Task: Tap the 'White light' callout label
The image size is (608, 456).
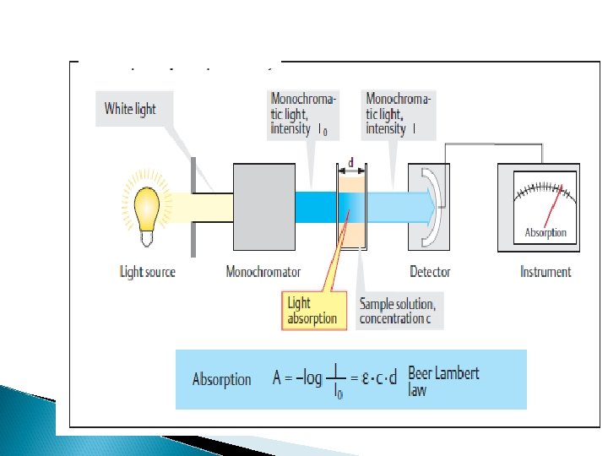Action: tap(130, 109)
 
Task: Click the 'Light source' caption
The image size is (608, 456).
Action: tap(147, 272)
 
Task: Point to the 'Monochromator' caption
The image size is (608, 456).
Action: tap(263, 272)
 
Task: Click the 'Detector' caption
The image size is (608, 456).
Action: tap(430, 272)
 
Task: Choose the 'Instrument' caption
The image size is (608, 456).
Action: tap(546, 272)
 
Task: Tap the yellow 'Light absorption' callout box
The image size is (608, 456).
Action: tap(312, 310)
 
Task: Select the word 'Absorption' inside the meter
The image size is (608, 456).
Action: tap(546, 232)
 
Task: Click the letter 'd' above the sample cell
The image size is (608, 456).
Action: tap(350, 161)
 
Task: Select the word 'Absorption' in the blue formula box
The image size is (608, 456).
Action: tap(221, 380)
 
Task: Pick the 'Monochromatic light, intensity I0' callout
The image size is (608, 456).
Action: tap(303, 114)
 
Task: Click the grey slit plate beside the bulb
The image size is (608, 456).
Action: tap(193, 206)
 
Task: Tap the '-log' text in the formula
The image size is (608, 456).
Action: tap(307, 378)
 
